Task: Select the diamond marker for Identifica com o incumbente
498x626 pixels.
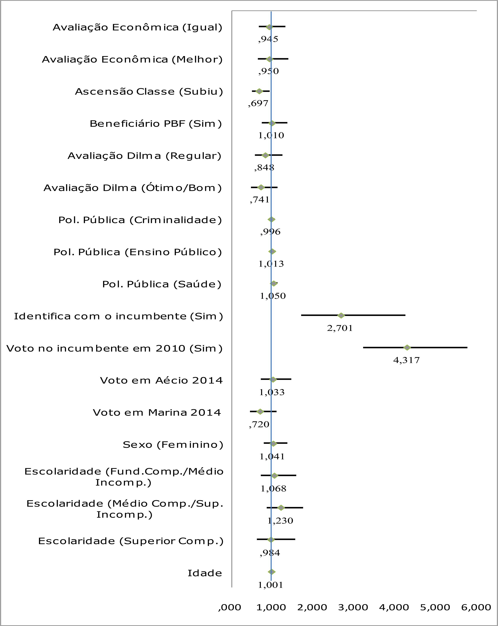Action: click(341, 316)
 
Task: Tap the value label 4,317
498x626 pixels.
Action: click(406, 360)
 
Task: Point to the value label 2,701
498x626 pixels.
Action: click(340, 328)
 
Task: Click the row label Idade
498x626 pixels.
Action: click(205, 573)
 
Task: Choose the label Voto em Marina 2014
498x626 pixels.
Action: click(157, 413)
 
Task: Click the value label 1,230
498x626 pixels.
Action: click(280, 521)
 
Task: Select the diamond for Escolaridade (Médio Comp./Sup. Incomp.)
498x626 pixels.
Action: click(281, 508)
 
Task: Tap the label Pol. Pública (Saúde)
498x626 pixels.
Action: click(162, 284)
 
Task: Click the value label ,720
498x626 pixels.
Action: click(259, 424)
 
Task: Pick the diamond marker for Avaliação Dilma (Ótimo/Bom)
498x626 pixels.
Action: click(261, 187)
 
